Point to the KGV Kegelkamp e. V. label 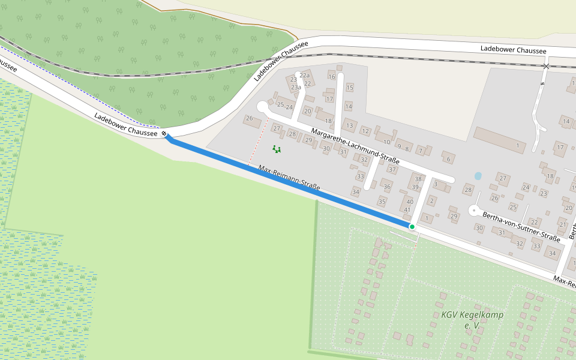coord(472,320)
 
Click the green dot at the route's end coord(412,226)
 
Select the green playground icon coord(276,148)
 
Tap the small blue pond coord(478,176)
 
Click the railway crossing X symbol coord(545,66)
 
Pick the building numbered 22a coord(305,75)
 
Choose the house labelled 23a coord(296,88)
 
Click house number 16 coord(331,76)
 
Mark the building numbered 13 coord(349,125)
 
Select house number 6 coord(448,158)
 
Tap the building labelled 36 coord(387,187)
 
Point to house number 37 coord(392,169)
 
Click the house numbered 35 coord(382,201)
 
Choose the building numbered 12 coord(365,131)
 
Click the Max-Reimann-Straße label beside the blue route coord(289,178)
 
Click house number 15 coord(349,88)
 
